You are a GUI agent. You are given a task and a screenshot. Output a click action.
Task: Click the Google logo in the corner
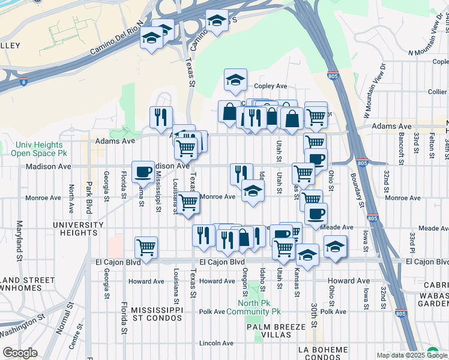point(20,353)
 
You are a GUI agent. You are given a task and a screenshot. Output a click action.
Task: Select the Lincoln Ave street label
point(217,343)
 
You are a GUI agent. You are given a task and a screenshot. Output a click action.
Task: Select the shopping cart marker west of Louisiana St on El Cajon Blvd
point(146,247)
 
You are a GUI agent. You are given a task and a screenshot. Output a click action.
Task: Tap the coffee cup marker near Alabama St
point(143,171)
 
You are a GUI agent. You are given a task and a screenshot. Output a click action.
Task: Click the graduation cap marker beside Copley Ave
point(236,79)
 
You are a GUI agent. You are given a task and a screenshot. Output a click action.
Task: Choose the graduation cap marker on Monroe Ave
point(253,191)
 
